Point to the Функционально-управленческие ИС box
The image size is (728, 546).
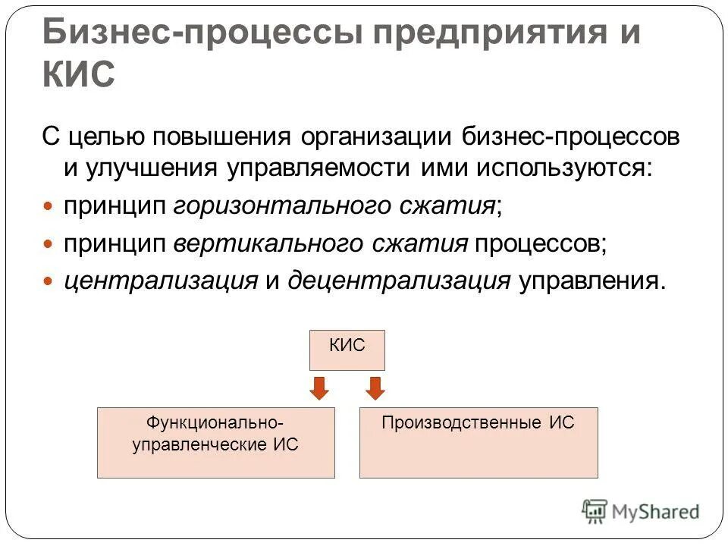tap(215, 442)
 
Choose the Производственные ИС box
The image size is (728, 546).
tap(478, 442)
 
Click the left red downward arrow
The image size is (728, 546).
tap(320, 388)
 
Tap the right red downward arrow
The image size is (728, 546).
tap(375, 388)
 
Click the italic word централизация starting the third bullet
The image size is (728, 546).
tap(161, 281)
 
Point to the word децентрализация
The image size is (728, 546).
tap(399, 281)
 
